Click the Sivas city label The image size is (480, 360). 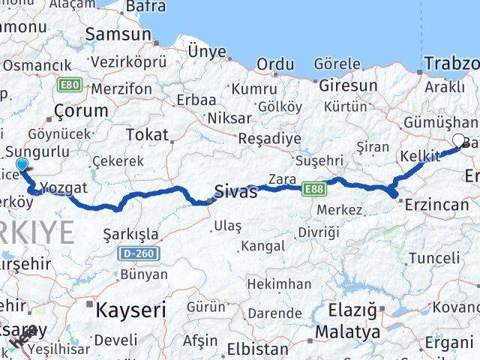point(235,191)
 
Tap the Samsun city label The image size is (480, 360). point(118,34)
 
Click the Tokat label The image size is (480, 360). point(148,134)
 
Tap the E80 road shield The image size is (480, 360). point(70,85)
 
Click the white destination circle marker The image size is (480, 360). point(459,139)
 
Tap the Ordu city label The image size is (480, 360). point(276,64)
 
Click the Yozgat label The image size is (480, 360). point(64,187)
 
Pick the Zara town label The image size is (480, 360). point(282,180)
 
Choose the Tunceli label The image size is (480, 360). point(433,257)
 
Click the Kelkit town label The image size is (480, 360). point(420,156)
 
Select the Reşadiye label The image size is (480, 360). point(269,139)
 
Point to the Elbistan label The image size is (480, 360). point(257,349)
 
